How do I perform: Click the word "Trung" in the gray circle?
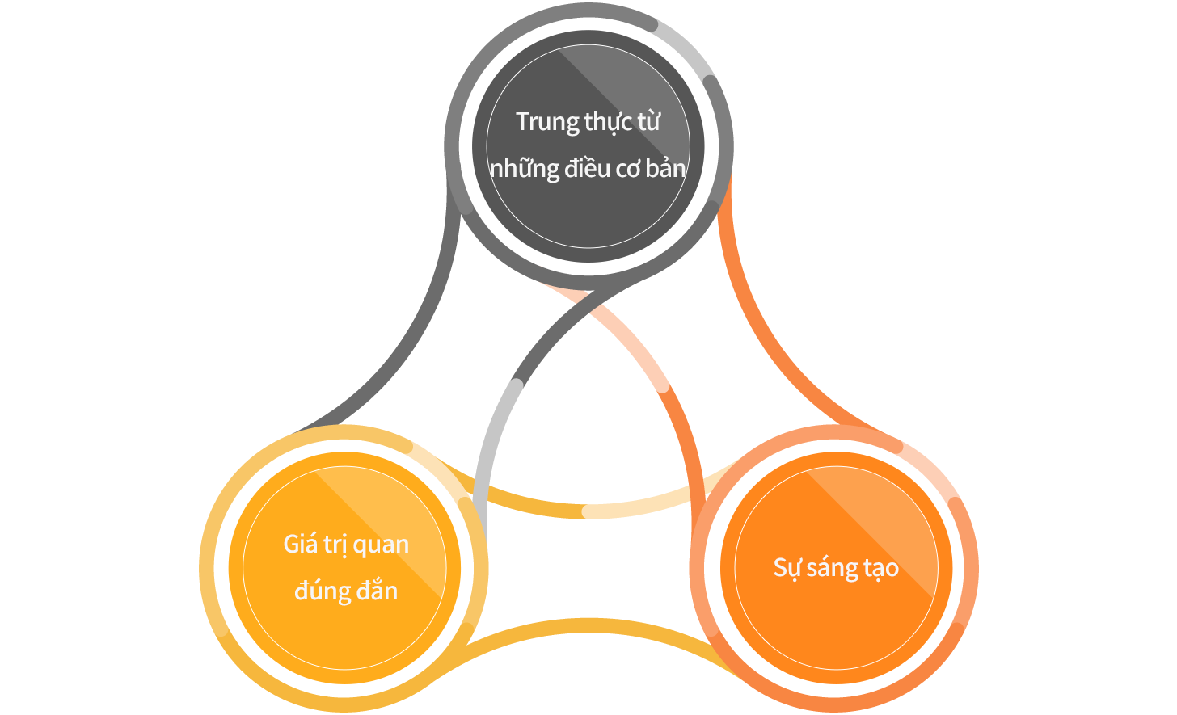(547, 123)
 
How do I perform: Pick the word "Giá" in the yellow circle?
(300, 544)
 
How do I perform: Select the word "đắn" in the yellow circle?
(377, 590)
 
